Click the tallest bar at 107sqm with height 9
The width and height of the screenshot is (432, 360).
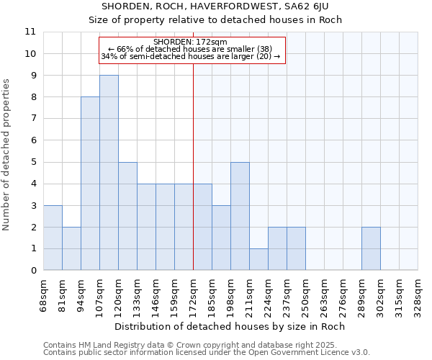[109, 173]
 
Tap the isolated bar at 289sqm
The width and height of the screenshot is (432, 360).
[371, 248]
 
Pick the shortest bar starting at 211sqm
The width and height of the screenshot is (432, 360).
[258, 259]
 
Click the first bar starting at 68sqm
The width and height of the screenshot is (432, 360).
[53, 238]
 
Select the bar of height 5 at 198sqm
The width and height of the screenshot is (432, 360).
[240, 216]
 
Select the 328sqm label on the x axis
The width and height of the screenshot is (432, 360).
[418, 295]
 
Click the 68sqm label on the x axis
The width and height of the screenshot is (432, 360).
[43, 295]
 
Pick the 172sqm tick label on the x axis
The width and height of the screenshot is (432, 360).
[193, 295]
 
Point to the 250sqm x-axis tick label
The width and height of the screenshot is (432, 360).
[305, 295]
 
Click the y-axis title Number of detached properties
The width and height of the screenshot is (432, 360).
[7, 155]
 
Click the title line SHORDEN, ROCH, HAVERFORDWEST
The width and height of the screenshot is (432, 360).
[216, 6]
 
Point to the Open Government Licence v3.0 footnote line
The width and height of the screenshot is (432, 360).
[207, 353]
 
